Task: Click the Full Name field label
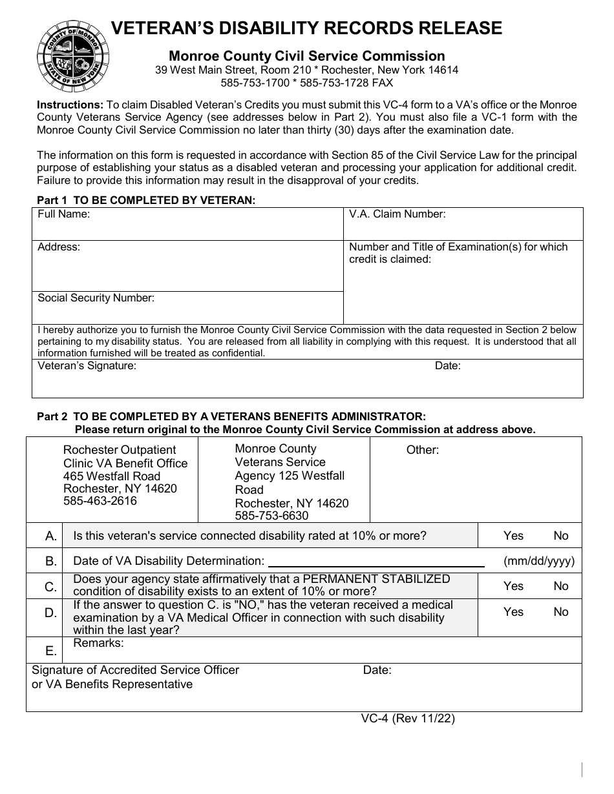coord(63,214)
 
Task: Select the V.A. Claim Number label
coord(397,214)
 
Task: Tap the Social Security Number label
coord(96,298)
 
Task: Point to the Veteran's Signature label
coord(87,366)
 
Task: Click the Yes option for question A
coord(513,536)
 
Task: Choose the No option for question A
coord(560,536)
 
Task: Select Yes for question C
coord(513,586)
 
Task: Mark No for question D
coord(560,612)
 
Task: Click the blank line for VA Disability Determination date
coord(376,562)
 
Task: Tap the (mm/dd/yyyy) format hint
coord(538,562)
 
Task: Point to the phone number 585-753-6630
coord(271,516)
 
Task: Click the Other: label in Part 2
coord(422,450)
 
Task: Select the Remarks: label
coord(98,643)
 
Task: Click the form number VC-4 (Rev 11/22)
coord(408,718)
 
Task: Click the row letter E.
coord(51,651)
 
